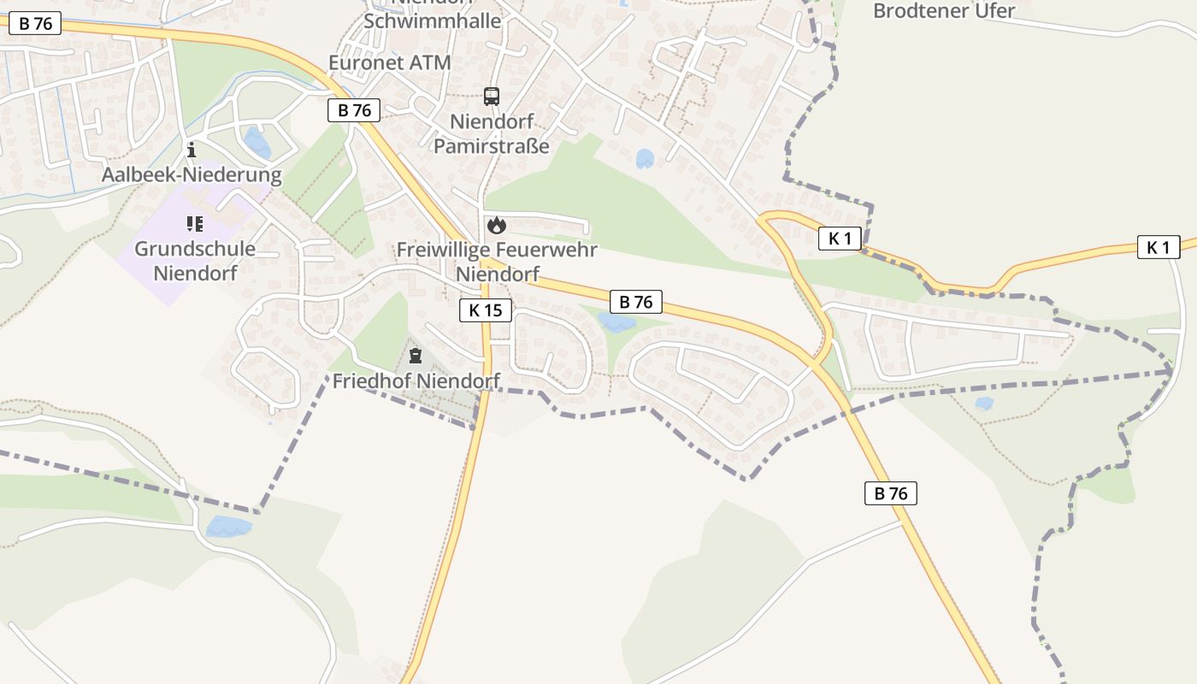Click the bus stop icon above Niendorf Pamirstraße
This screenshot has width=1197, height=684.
pos(491,96)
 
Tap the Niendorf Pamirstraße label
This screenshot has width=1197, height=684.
pos(492,133)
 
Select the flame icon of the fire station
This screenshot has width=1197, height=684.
pos(496,226)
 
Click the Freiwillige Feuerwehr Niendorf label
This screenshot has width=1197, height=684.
pos(497,262)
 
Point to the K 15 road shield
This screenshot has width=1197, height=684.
pos(486,310)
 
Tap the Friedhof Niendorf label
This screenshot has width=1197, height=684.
pos(416,381)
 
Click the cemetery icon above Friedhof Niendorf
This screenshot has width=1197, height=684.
pos(416,356)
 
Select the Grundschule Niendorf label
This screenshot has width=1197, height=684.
pos(195,261)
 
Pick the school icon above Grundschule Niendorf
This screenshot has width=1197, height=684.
pos(195,224)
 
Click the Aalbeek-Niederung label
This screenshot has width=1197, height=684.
pos(192,175)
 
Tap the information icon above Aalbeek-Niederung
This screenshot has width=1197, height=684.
pos(192,150)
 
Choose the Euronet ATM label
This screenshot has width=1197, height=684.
pos(389,62)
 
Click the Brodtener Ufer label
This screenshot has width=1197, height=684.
pos(943,11)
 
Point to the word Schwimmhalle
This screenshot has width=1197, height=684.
pos(432,21)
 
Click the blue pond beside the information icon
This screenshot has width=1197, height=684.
pos(256,143)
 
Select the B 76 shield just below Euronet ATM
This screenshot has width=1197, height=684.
pos(354,109)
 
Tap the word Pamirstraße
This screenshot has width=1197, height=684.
pos(492,145)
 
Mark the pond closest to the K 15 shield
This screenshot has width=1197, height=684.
pos(616,323)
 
